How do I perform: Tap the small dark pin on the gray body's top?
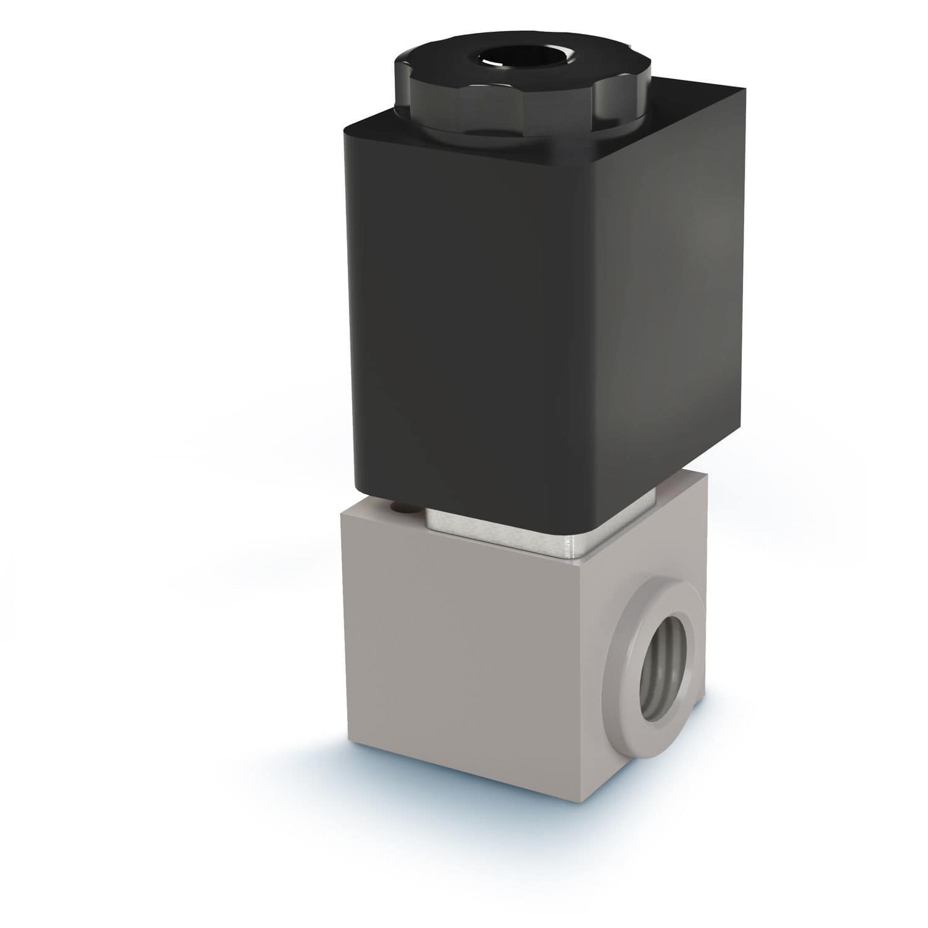point(403,509)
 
